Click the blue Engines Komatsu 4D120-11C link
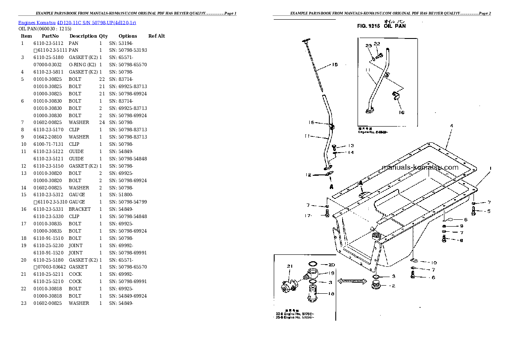coord(77,22)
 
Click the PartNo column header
coord(50,36)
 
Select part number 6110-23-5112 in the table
coord(48,43)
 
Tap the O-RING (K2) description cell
coord(83,65)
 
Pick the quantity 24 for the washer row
coord(102,122)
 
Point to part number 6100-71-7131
coord(48,144)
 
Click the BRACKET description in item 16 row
coord(80,209)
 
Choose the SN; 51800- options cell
coord(121,195)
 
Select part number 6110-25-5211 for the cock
coord(48,274)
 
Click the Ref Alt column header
coord(157,36)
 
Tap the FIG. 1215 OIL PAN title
coord(382,26)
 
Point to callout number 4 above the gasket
coord(451,126)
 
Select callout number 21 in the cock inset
coord(290,266)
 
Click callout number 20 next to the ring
coord(331,265)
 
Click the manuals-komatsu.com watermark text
coord(419,167)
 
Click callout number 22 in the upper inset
coord(376,44)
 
